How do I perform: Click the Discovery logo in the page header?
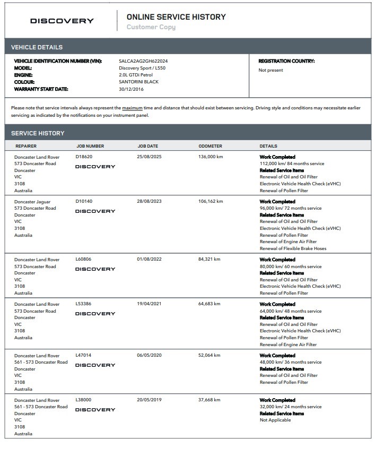(62, 21)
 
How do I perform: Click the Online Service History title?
(176, 17)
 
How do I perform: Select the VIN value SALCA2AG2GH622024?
(143, 62)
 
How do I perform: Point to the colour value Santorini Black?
(138, 82)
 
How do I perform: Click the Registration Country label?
(286, 62)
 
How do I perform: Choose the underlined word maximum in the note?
(133, 108)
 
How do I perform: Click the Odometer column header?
(210, 146)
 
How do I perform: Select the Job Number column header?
(90, 146)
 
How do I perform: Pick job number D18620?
(84, 157)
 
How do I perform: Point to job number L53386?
(84, 304)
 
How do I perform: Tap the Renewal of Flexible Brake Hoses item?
(293, 248)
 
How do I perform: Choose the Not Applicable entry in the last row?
(275, 420)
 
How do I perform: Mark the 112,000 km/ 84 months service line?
(292, 164)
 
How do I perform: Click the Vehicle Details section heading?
(37, 47)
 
